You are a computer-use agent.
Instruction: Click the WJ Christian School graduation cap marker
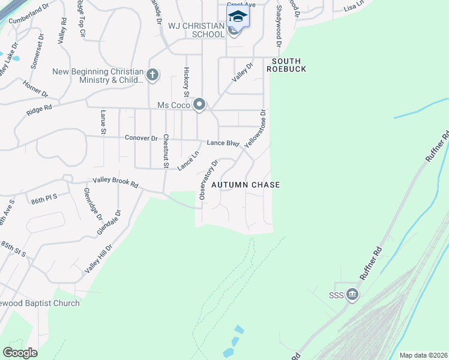coord(238,16)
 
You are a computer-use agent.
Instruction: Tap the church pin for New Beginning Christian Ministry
coord(152,75)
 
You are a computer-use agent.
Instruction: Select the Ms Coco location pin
coord(199,105)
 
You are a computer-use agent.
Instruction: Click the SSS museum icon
coord(352,294)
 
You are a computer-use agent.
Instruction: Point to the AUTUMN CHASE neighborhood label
coord(246,185)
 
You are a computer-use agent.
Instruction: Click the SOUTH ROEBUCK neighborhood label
coord(289,65)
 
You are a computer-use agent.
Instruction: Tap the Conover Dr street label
coord(141,138)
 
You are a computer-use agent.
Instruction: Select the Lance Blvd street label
coord(223,143)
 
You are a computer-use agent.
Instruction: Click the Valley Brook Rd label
coord(115,182)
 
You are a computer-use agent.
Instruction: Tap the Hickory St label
coord(187,82)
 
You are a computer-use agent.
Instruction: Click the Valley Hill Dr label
coord(98,259)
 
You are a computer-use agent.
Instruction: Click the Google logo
coord(20,352)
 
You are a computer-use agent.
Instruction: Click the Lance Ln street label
coord(188,160)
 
